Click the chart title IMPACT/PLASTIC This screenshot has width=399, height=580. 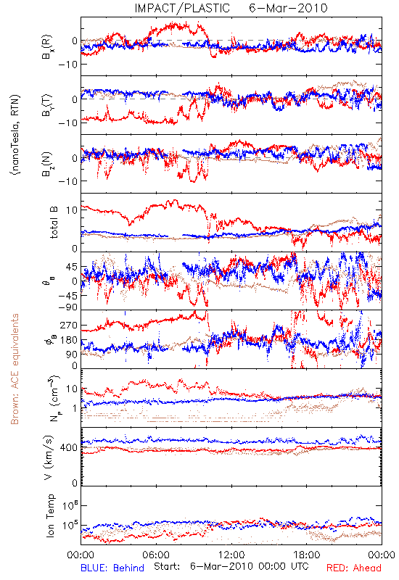pos(182,8)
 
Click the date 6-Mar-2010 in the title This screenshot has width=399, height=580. pos(288,8)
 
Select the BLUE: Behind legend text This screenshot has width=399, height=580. pos(112,568)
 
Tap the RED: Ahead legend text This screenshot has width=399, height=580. pos(354,568)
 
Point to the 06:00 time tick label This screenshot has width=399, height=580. pos(156,555)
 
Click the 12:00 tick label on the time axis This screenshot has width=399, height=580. pos(231,555)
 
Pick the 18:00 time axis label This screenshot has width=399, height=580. pos(307,555)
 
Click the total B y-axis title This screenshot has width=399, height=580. pos(54,223)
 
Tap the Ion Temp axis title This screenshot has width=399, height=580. pos(50,515)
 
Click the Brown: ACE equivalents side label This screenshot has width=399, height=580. pos(15,369)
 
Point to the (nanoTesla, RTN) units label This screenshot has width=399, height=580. pos(15,135)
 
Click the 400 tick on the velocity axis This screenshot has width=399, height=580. pos(69,448)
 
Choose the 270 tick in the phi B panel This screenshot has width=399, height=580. pos(69,326)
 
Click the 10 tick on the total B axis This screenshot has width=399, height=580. pos(72,210)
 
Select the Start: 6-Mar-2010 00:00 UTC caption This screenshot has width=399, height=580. pos(231,566)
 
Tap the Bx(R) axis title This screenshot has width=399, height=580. pos(48,47)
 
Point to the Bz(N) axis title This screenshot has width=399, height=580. pos(48,164)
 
